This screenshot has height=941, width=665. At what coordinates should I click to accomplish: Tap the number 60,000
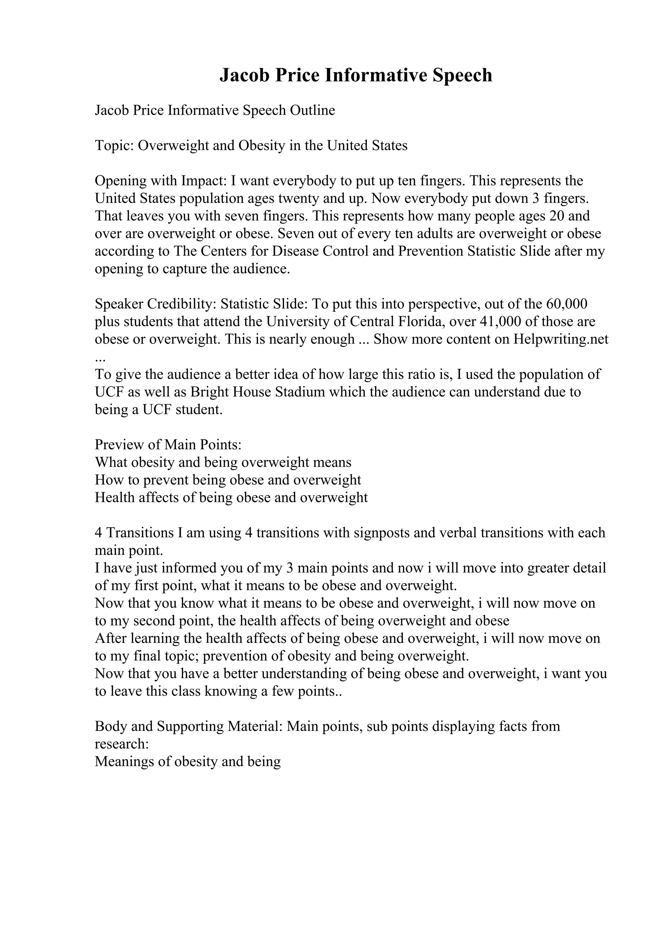point(567,304)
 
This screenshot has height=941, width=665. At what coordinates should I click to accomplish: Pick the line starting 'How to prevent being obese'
point(228,480)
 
